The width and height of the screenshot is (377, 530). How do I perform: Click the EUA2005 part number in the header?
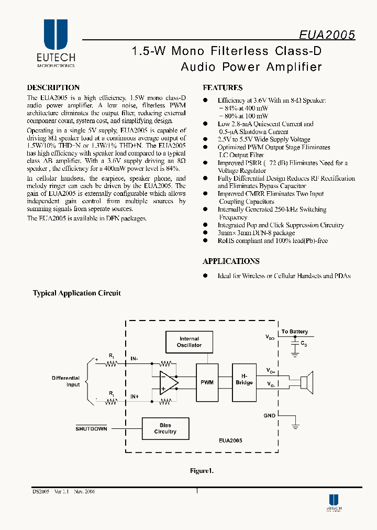(x=327, y=35)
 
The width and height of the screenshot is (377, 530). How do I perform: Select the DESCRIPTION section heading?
(x=53, y=87)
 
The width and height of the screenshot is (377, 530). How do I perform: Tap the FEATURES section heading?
(x=223, y=88)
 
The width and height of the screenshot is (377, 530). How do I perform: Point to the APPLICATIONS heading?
(x=231, y=261)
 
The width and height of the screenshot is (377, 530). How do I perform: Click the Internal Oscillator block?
(x=189, y=342)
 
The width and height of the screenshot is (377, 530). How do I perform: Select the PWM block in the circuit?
(x=207, y=382)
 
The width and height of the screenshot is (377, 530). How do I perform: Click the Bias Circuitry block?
(x=165, y=428)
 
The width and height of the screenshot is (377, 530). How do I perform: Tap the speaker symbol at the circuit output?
(x=307, y=381)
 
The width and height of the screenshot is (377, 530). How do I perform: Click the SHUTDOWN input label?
(x=91, y=428)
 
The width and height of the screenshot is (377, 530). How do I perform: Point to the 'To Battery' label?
(x=295, y=332)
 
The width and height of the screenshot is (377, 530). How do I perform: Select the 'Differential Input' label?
(x=65, y=381)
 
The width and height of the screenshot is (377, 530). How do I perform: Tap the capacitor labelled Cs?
(x=295, y=343)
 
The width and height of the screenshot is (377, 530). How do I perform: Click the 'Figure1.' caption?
(x=202, y=471)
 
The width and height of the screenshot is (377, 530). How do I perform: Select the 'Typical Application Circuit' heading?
(x=77, y=293)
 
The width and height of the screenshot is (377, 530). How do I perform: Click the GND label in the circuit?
(x=270, y=415)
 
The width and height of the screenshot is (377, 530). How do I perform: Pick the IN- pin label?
(x=135, y=359)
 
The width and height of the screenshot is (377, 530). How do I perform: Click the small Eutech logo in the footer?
(x=334, y=503)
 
